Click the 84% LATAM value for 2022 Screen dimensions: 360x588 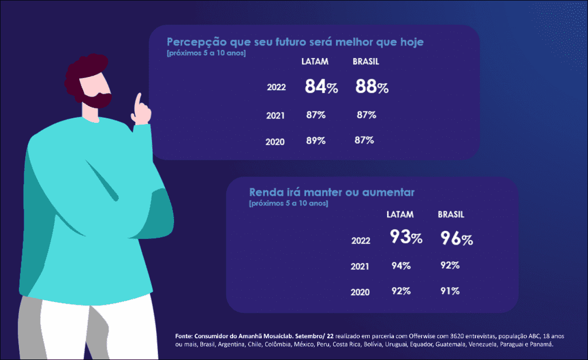320,87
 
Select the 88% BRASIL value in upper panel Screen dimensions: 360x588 372,87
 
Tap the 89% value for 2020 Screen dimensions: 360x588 316,141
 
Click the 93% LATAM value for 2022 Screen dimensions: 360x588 406,237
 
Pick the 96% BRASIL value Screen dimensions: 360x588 457,238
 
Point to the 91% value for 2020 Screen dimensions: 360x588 450,291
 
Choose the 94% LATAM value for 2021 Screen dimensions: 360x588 400,265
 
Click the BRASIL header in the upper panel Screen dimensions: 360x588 366,61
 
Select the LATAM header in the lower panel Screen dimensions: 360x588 400,215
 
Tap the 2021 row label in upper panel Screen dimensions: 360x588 276,115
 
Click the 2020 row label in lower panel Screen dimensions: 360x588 360,292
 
